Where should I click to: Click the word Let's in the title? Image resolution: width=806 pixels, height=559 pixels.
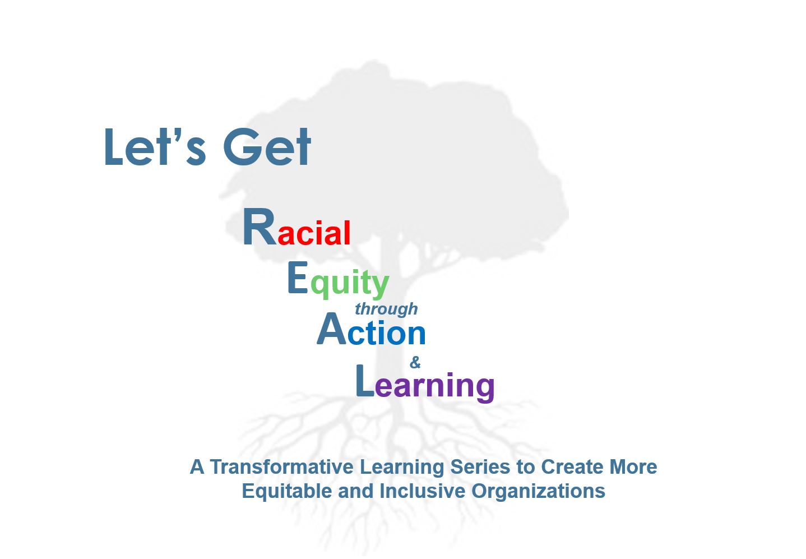155,147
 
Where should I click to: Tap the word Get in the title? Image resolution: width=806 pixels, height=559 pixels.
267,147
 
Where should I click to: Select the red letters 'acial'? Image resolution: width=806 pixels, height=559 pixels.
314,233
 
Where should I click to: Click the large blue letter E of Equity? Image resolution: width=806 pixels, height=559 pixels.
298,277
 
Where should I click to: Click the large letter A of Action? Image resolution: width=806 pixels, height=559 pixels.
332,329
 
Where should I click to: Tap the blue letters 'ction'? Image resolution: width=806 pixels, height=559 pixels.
387,332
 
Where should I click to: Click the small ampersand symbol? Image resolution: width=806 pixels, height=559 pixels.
415,362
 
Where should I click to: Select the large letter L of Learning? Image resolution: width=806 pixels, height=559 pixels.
365,381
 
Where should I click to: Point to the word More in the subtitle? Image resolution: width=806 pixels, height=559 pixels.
633,466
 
